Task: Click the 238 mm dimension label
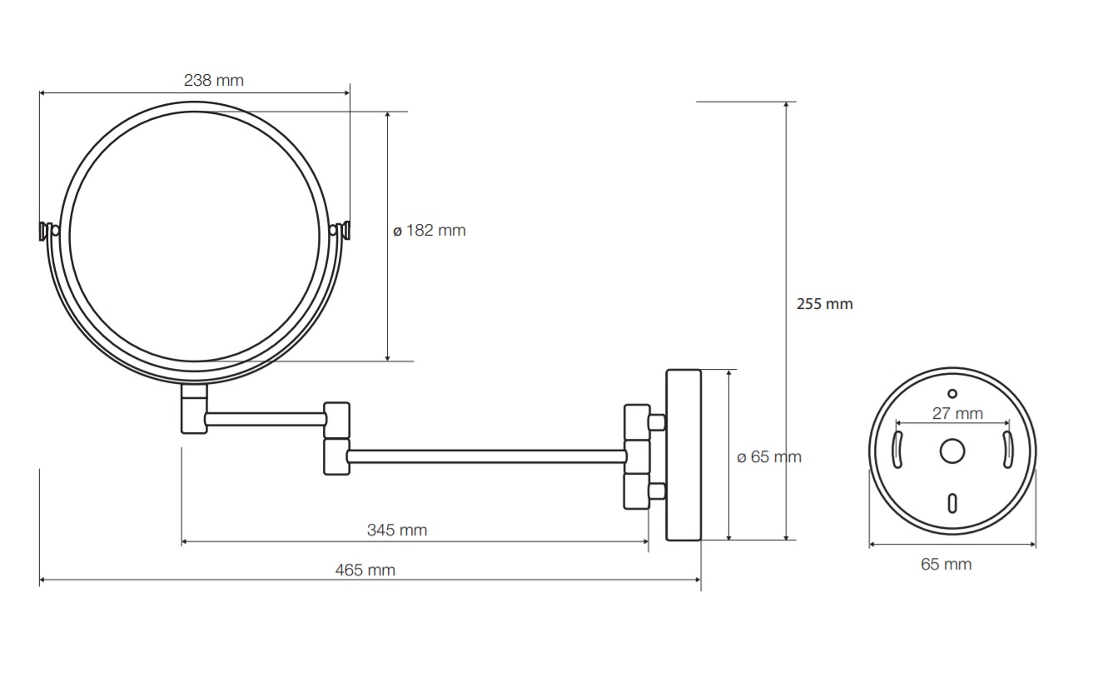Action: pos(214,80)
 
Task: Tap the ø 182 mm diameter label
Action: pos(430,231)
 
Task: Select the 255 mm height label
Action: pos(825,304)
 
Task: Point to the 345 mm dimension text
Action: pos(397,530)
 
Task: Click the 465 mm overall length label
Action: pos(365,570)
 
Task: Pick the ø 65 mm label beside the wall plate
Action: pos(769,457)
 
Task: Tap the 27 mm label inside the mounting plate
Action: pos(957,413)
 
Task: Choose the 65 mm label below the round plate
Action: pos(946,565)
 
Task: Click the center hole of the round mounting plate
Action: pos(952,451)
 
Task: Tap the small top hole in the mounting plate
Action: pos(952,394)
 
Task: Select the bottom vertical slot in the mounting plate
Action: pos(952,503)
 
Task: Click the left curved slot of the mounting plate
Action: pos(897,450)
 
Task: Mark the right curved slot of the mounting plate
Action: pos(1007,450)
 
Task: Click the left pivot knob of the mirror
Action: pos(48,231)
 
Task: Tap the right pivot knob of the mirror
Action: pos(340,231)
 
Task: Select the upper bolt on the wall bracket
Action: pos(657,423)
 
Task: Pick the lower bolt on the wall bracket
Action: pos(657,491)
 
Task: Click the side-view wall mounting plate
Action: pos(683,455)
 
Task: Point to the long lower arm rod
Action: pos(487,456)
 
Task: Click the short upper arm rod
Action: pos(266,419)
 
